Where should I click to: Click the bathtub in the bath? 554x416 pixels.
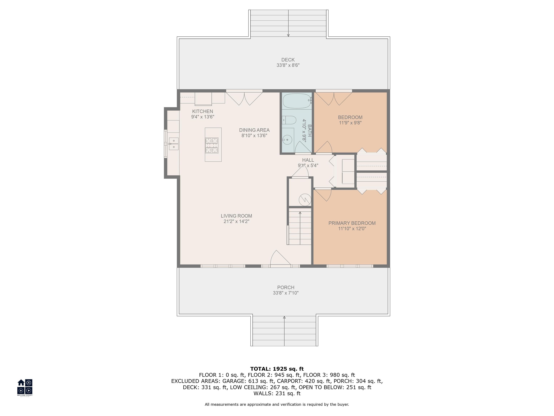coord(297,101)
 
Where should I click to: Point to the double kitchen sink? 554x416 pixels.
coord(173,144)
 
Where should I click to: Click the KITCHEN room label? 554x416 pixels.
coord(203,111)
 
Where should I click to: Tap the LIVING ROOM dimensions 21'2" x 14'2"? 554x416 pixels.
coord(236,221)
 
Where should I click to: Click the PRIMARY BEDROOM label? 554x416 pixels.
coord(352,223)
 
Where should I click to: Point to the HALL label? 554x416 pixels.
coord(308,160)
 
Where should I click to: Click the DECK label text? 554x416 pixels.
coord(288,60)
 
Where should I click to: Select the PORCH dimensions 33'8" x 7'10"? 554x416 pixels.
coord(286,293)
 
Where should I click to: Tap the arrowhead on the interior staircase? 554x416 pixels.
coord(300,213)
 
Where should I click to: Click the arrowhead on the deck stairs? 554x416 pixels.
coord(288,35)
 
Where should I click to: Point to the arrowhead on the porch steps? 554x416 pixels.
coord(284,317)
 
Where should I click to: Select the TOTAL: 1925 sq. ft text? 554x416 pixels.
coord(277,369)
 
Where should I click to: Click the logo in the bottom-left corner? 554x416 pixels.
coord(25,387)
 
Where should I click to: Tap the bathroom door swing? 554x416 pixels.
coord(303,147)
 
